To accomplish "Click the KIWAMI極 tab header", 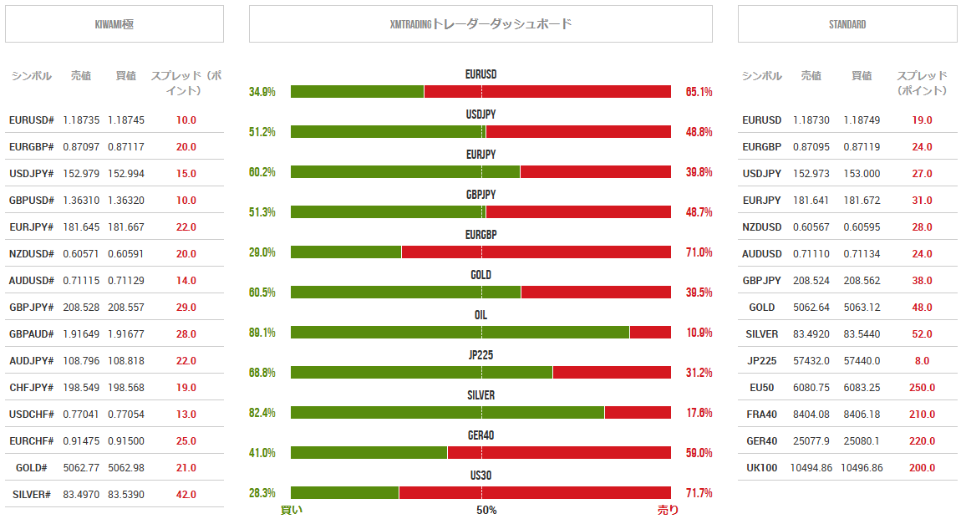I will tap(114, 24).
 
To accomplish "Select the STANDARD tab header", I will tap(847, 24).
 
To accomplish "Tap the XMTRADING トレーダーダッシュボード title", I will tap(480, 24).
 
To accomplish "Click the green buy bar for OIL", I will tap(460, 333).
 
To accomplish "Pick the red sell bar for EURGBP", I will tap(536, 252).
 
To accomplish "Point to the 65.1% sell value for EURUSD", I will tap(699, 92).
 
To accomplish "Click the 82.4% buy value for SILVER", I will tap(262, 413).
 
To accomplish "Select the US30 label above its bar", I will tap(480, 476).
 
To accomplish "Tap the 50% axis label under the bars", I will tap(486, 510).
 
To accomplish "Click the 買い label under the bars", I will tap(291, 510).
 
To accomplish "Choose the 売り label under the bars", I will tap(668, 510).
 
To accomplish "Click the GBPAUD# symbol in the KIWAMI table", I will tap(32, 334).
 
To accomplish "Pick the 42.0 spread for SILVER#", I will tap(186, 495).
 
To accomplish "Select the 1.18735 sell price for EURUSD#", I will tap(81, 120).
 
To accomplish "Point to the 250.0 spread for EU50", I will tap(922, 388).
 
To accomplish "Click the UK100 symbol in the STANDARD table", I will tap(761, 468).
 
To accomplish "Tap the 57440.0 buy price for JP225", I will tap(862, 361).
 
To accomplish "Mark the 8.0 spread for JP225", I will tap(922, 361).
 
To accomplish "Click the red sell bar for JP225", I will tap(611, 373).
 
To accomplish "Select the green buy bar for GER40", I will tap(369, 453).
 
